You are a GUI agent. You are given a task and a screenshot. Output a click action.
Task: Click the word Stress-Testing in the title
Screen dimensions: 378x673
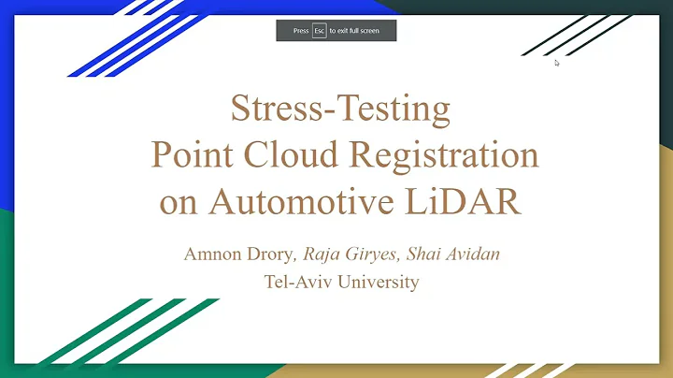coord(340,109)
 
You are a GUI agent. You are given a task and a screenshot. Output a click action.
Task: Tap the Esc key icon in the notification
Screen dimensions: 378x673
coord(320,30)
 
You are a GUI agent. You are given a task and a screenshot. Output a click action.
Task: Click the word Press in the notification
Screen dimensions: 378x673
coord(300,30)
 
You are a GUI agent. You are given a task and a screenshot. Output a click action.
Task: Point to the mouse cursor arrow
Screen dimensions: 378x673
coord(557,63)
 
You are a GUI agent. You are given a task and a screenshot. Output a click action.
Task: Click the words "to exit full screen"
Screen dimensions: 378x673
coord(354,30)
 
